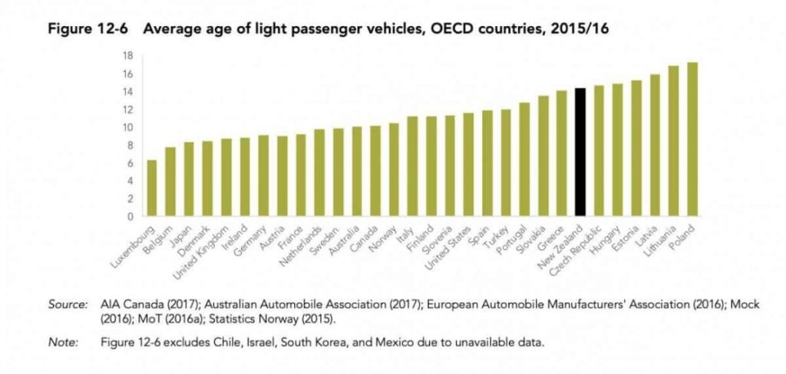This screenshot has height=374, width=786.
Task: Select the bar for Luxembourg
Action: (152, 188)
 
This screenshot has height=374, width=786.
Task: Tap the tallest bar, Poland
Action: (692, 139)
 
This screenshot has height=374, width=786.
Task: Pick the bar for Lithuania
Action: (674, 141)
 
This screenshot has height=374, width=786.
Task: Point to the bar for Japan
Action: (189, 179)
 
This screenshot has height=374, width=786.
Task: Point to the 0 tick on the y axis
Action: (131, 217)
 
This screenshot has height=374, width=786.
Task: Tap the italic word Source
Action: (68, 305)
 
